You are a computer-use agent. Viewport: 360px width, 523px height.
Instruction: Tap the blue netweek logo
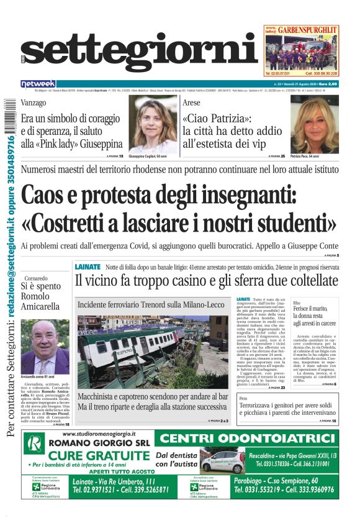pyautogui.click(x=38, y=84)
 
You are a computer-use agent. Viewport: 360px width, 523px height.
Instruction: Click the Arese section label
pyautogui.click(x=192, y=102)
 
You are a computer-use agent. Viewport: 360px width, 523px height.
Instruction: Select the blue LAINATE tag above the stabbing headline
pyautogui.click(x=87, y=266)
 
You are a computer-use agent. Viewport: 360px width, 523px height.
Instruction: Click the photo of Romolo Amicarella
pyautogui.click(x=45, y=347)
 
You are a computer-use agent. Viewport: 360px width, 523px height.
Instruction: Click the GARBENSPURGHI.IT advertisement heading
pyautogui.click(x=307, y=30)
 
